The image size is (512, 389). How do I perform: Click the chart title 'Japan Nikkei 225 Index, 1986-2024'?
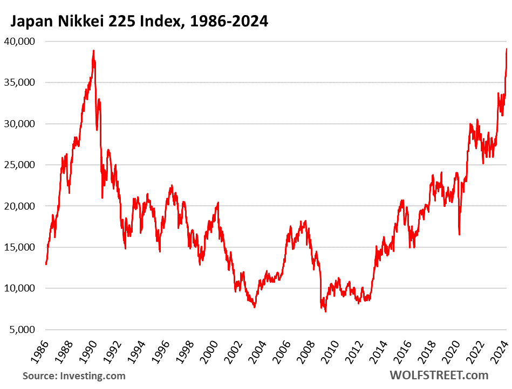coord(138,21)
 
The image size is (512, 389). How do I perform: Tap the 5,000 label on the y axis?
coord(22,329)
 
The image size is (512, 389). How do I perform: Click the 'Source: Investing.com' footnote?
coord(74,376)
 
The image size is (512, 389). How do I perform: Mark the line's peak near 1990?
coord(94,51)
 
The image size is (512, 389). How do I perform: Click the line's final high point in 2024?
coord(507,49)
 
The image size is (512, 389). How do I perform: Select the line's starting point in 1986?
coord(46,264)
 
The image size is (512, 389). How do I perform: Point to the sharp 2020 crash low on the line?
coord(460,234)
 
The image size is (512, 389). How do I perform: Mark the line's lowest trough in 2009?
coord(325,311)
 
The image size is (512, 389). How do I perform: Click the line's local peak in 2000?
coord(218,203)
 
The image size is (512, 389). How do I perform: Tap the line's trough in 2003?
coord(255,307)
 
